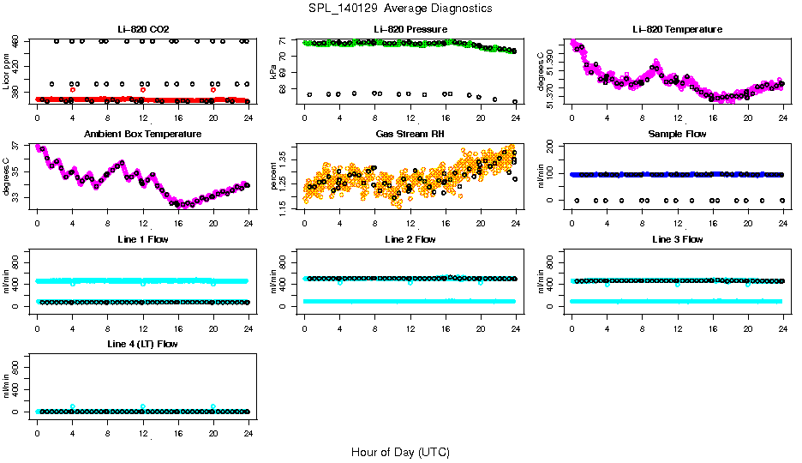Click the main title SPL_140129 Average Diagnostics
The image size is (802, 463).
pos(400,8)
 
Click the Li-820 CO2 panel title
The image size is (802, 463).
pos(142,29)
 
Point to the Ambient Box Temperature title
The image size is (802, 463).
pos(142,135)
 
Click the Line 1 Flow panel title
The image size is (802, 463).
pos(142,239)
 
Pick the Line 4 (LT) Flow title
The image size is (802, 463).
pos(142,344)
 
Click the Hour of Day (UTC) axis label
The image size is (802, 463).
pos(400,452)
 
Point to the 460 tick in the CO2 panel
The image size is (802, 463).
pos(17,41)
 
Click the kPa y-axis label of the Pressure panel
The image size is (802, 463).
pos(273,72)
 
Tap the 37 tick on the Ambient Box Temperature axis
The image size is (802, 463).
pos(17,147)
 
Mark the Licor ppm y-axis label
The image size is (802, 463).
pos(6,72)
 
